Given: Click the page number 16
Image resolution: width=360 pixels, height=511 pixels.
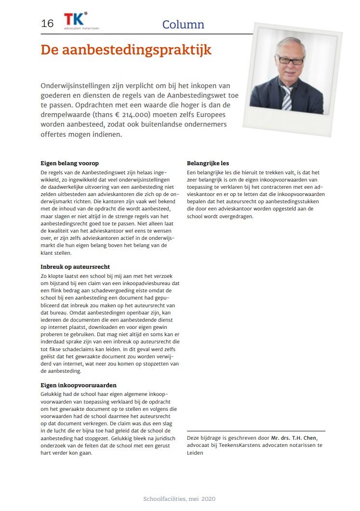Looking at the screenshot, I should pos(47,23).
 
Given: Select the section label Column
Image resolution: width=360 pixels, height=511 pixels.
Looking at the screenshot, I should pos(183,25).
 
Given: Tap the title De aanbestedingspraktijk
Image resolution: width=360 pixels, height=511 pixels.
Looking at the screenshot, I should pos(126,50).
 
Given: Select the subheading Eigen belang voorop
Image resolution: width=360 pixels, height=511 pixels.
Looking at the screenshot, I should pos(69,163).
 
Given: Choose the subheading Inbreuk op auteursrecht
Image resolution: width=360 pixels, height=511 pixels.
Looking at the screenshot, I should pos(75,266).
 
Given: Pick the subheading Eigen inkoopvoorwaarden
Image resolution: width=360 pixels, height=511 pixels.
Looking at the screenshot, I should pos(79,385).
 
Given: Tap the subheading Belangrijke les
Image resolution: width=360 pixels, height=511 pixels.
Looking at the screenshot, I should pos(208,163).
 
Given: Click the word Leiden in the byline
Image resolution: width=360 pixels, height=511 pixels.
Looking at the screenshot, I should pos(195,453).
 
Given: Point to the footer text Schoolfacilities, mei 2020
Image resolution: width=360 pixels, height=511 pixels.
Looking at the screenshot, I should pos(179,499).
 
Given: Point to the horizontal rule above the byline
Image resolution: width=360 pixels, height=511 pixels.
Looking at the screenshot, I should pos(255,431).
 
